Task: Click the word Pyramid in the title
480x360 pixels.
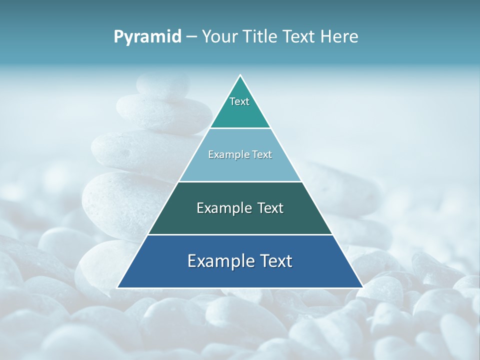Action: pyautogui.click(x=147, y=37)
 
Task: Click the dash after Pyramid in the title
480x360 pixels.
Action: pyautogui.click(x=191, y=37)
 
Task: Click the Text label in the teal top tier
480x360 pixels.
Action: pyautogui.click(x=239, y=101)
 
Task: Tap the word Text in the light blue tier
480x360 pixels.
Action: pyautogui.click(x=262, y=154)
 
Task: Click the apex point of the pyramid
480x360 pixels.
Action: pyautogui.click(x=240, y=75)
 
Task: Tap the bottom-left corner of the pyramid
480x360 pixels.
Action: pyautogui.click(x=118, y=287)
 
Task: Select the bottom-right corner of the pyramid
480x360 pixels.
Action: pyautogui.click(x=362, y=287)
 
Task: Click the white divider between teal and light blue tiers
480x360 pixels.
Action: pyautogui.click(x=240, y=128)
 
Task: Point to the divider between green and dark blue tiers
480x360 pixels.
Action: pyautogui.click(x=240, y=234)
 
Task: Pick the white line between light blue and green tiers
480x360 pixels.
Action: pyautogui.click(x=240, y=181)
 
